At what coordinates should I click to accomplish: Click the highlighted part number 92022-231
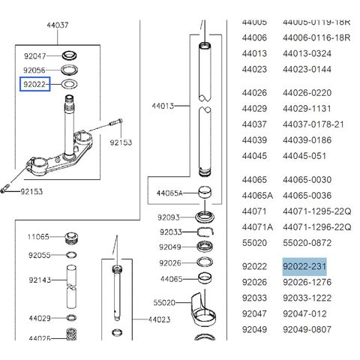pyautogui.click(x=304, y=266)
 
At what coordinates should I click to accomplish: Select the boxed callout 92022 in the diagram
pyautogui.click(x=35, y=84)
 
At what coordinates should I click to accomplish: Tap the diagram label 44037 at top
pyautogui.click(x=58, y=25)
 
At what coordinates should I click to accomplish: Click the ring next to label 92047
pyautogui.click(x=69, y=55)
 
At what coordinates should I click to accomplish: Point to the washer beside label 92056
pyautogui.click(x=69, y=70)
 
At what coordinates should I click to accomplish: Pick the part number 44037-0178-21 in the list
pyautogui.click(x=313, y=124)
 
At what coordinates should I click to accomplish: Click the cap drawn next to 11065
pyautogui.click(x=71, y=238)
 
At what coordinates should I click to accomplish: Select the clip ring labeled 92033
pyautogui.click(x=205, y=232)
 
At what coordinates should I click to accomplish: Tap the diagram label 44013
pyautogui.click(x=163, y=106)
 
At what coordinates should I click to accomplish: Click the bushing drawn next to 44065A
pyautogui.click(x=205, y=192)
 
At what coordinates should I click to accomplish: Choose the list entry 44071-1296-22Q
pyautogui.click(x=317, y=227)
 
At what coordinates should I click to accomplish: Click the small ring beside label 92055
pyautogui.click(x=71, y=255)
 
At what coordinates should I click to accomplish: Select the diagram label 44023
pyautogui.click(x=159, y=319)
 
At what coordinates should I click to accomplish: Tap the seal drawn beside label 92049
pyautogui.click(x=205, y=247)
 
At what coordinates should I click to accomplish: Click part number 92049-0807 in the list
pyautogui.click(x=307, y=329)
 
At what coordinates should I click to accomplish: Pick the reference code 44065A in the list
pyautogui.click(x=257, y=196)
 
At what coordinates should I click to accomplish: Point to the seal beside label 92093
pyautogui.click(x=205, y=217)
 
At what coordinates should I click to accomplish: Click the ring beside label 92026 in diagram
pyautogui.click(x=205, y=262)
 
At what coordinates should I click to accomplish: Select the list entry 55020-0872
pyautogui.click(x=307, y=243)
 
